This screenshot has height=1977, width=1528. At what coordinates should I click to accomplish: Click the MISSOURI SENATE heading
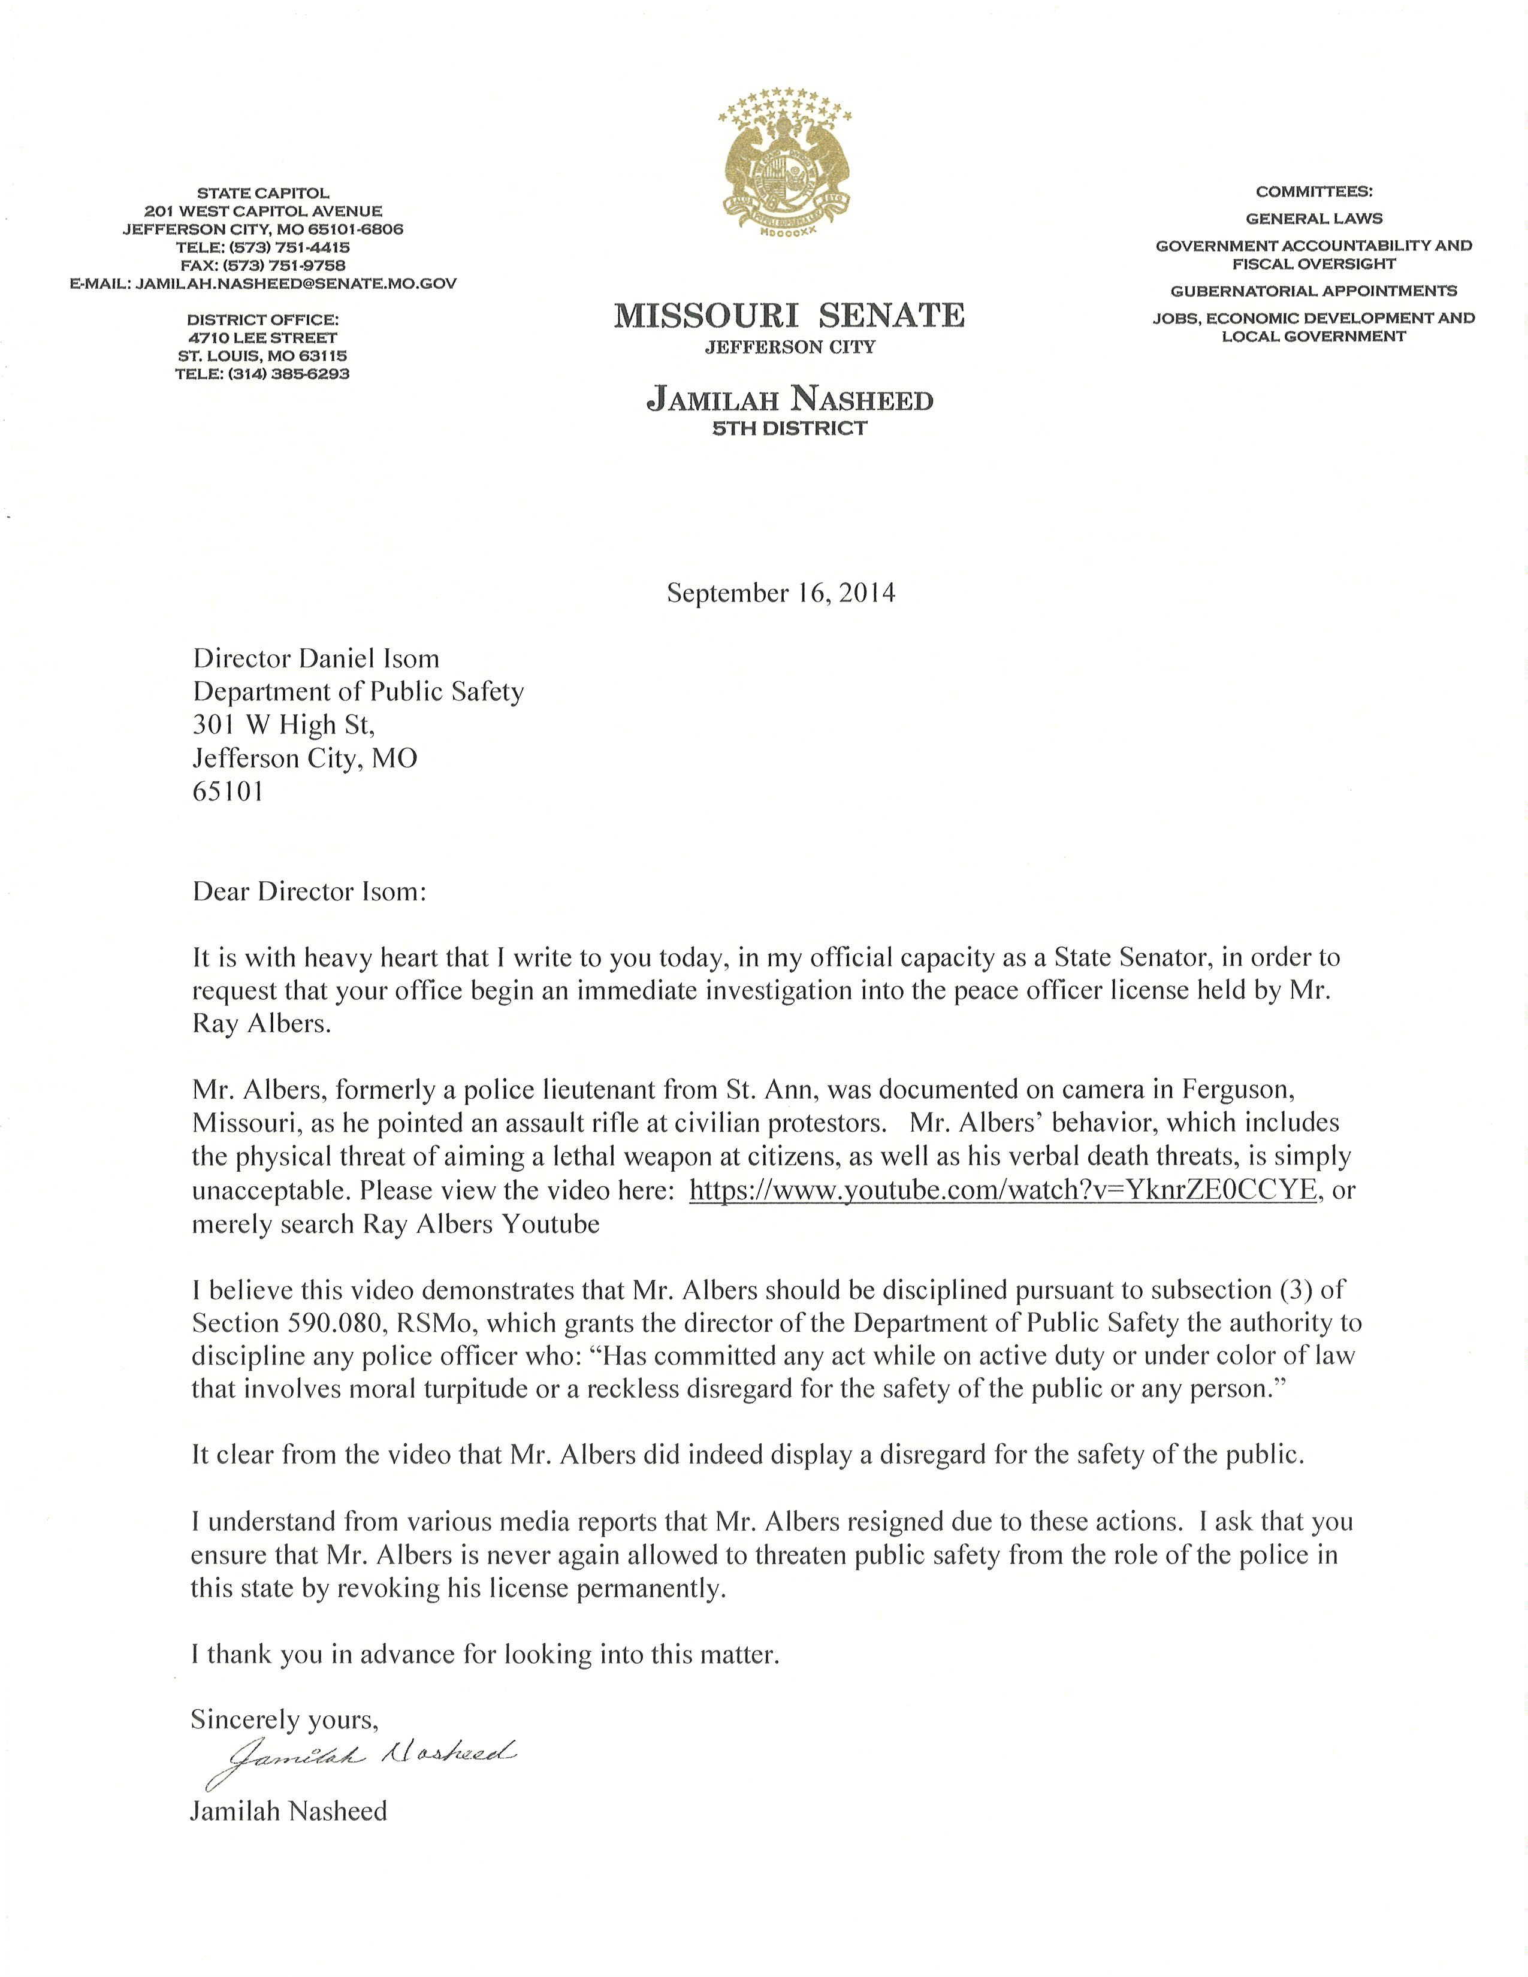pos(789,316)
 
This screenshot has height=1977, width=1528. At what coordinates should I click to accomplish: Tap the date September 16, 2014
pos(780,593)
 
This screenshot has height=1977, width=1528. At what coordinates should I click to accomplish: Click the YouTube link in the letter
pos(1003,1189)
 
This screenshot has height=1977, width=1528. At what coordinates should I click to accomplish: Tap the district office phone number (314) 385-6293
pos(262,373)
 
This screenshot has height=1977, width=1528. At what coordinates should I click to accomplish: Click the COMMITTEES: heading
pos(1313,192)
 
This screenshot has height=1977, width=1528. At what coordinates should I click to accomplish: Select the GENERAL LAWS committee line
pos(1313,218)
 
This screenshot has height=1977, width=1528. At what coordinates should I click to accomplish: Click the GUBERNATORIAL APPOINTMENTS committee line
pos(1313,291)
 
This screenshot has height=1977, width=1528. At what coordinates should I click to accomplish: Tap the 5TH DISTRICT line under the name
pos(789,428)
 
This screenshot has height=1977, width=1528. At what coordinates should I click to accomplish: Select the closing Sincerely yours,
pos(284,1719)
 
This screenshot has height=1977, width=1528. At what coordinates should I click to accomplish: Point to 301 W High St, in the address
pos(283,724)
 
